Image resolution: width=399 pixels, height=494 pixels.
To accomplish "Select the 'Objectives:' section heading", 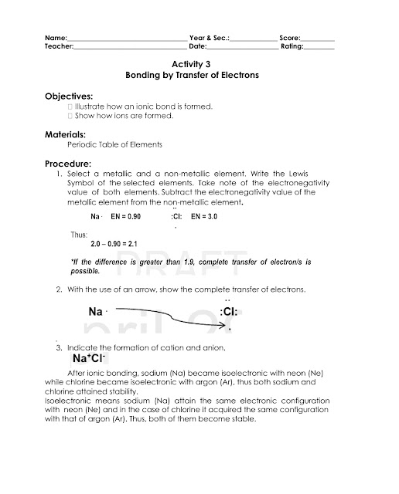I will tap(69, 95).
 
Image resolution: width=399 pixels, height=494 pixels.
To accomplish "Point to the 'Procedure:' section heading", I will tap(68, 164).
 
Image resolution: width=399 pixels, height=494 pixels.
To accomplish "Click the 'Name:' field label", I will tap(56, 38).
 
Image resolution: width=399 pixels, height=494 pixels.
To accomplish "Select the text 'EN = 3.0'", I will tap(203, 218).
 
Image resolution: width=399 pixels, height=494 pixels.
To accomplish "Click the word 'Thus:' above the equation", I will tap(80, 233).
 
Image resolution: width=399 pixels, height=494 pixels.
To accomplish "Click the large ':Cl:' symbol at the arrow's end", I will tap(229, 312).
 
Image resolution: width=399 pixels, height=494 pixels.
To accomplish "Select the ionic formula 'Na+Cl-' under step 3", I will tap(89, 360).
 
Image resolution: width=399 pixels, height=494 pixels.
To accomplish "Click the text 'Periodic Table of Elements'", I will tap(114, 145).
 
